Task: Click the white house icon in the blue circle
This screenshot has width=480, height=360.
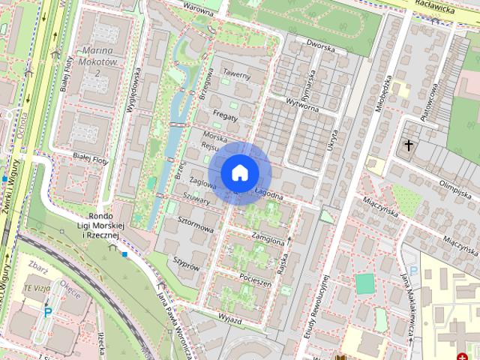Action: coord(239,172)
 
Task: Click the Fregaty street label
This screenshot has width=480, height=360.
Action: coord(225,117)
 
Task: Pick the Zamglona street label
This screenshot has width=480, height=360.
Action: coord(269,240)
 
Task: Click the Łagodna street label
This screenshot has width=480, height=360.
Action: coord(268,195)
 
